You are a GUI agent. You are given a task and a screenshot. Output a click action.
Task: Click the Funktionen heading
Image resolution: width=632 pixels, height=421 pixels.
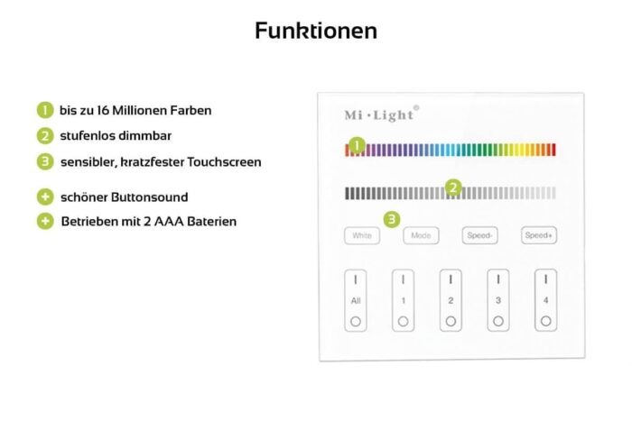[316, 31]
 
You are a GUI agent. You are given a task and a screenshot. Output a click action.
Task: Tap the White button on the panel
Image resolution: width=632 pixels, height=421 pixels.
[362, 235]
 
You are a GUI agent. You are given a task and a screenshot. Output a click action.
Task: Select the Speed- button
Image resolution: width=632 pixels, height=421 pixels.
[479, 235]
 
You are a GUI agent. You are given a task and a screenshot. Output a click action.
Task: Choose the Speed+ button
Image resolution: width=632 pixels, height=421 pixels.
[539, 235]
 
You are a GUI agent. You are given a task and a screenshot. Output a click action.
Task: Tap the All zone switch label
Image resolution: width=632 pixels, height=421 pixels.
[356, 301]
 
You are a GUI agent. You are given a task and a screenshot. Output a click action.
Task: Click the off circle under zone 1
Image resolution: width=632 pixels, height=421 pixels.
[403, 321]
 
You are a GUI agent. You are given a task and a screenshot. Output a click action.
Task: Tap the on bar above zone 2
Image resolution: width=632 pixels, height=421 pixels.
[451, 279]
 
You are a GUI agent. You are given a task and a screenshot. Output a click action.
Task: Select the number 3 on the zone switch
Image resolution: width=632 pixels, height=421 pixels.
[498, 301]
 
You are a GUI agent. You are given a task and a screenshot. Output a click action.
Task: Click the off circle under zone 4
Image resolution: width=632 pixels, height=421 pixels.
[545, 321]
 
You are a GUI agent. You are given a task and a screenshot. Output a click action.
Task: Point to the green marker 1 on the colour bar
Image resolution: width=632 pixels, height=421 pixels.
[358, 145]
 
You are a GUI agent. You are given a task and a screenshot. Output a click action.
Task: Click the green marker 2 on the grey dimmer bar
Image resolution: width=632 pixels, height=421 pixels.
[453, 188]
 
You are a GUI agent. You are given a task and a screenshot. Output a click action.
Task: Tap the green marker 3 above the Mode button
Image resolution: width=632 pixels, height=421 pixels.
[392, 219]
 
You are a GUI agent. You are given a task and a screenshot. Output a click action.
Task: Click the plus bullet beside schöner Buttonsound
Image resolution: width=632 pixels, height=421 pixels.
[45, 197]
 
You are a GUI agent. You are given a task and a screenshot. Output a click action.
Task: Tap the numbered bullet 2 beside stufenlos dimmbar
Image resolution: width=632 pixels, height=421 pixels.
[45, 136]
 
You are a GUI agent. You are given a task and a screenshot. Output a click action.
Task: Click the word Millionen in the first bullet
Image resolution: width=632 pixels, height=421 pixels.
[139, 110]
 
